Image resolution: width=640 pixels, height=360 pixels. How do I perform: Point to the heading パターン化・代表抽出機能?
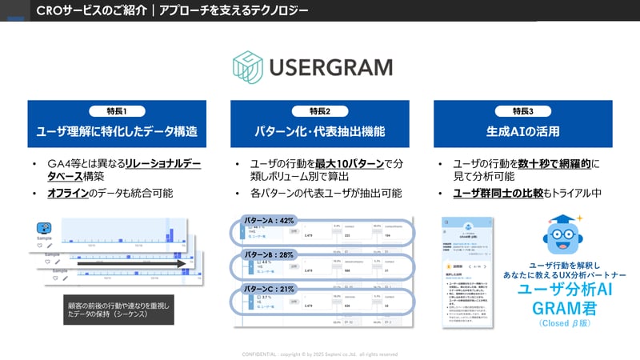[319, 131]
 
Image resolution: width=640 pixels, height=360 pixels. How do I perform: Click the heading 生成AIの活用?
[522, 131]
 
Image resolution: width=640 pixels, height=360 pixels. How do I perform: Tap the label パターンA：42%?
[270, 220]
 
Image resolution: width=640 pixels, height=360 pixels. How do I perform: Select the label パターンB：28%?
[270, 254]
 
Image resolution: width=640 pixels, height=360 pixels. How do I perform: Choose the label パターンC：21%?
[270, 289]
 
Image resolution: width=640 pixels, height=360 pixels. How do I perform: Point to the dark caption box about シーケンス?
[119, 308]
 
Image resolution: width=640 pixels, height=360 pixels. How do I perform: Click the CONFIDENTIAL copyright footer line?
[319, 354]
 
